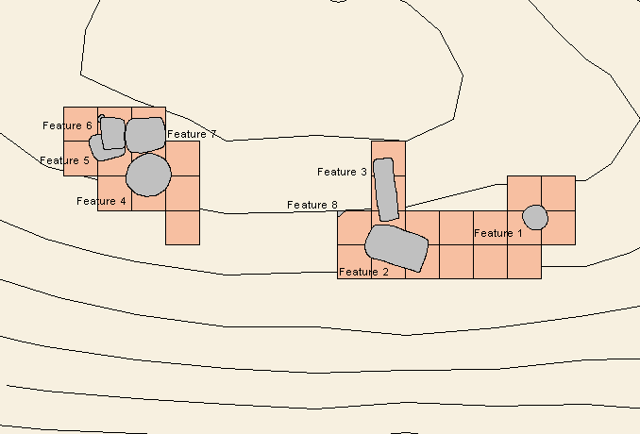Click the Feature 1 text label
498,233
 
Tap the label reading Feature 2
363,272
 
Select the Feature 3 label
342,172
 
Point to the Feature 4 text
101,201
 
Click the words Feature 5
64,160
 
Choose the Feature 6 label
67,125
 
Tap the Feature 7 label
192,134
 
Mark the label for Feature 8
312,205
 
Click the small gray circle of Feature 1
535,217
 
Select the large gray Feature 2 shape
396,247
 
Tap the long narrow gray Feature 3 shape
385,190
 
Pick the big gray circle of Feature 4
148,175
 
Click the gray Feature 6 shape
113,133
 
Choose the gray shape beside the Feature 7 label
145,135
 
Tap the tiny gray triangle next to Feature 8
341,213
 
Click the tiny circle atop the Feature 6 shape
101,118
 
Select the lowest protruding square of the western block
182,227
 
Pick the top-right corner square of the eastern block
559,193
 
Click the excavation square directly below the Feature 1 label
490,262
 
